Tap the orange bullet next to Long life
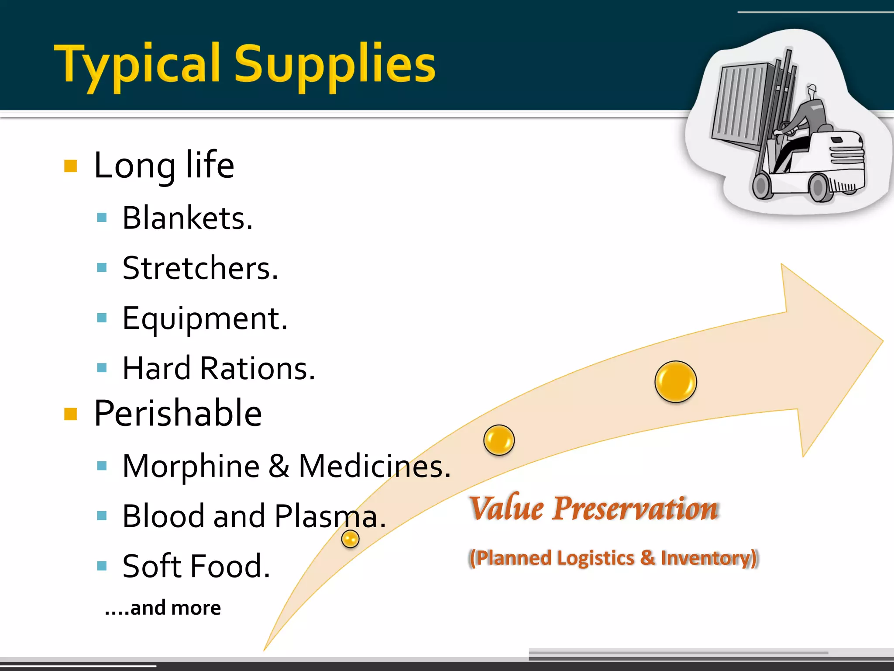coord(70,166)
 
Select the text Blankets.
coord(187,218)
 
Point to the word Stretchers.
coord(199,268)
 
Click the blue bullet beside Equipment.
coord(102,318)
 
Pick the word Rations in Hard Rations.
coord(257,368)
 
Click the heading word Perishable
coord(178,413)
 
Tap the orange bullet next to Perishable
coord(70,414)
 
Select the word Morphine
coord(191,467)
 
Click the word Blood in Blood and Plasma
coord(163,516)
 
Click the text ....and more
coord(163,608)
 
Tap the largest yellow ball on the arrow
coord(675,381)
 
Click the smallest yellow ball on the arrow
coord(350,539)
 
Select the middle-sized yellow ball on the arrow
coord(499,440)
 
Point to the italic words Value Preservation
coord(594,509)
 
